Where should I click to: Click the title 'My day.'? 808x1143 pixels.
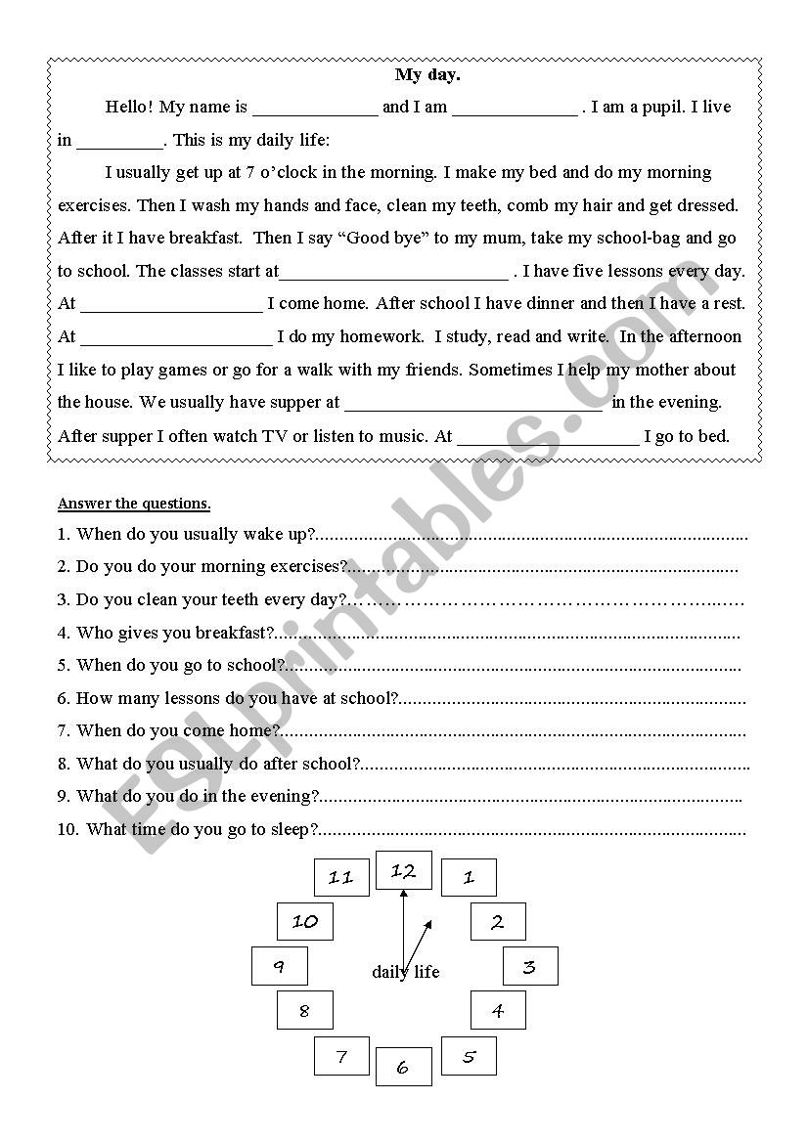421,75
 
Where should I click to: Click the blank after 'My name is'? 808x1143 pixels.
314,109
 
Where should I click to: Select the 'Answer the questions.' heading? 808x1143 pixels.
134,505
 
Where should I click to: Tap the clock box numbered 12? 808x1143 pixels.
403,871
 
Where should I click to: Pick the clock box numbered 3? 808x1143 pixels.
529,966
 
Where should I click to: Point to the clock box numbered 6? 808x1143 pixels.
403,1067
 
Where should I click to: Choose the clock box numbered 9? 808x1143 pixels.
279,966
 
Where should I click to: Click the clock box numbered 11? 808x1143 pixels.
340,877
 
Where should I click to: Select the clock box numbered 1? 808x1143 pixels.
468,877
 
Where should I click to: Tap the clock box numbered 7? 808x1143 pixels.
341,1056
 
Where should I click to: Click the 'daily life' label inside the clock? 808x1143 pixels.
406,972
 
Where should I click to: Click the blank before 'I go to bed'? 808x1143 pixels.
547,437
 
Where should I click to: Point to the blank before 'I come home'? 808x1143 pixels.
171,305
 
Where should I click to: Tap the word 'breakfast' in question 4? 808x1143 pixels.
230,634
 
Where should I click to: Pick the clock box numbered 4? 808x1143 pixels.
498,1010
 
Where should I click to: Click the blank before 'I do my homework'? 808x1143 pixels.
176,338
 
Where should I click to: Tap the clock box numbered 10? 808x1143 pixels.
305,921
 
